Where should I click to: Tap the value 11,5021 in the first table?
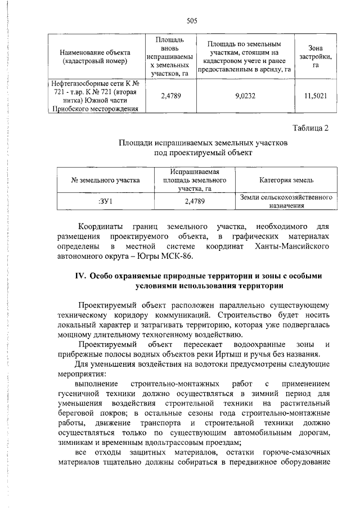click(315, 96)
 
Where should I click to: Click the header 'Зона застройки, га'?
click(315, 57)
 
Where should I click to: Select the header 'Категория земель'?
click(287, 180)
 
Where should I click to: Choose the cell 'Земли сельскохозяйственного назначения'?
click(287, 201)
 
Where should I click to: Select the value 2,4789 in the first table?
click(171, 96)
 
